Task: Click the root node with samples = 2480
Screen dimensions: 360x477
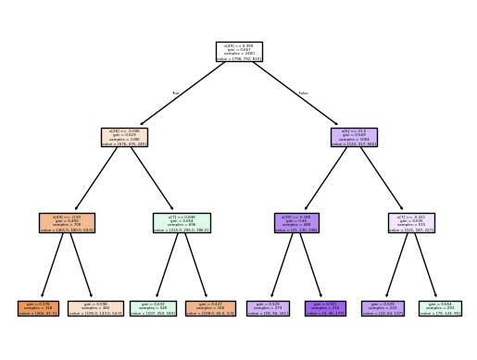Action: click(x=238, y=51)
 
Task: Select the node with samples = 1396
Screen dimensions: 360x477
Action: click(x=125, y=137)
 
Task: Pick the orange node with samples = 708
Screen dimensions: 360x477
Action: click(x=68, y=222)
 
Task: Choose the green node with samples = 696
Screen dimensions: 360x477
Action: click(x=182, y=222)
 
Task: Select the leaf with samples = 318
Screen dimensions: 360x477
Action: click(x=39, y=308)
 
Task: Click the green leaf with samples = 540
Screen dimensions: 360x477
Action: click(x=153, y=308)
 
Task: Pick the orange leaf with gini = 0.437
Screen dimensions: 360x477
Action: click(x=210, y=308)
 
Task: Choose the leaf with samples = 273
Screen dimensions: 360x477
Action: click(x=267, y=308)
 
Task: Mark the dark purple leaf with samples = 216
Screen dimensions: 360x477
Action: click(x=324, y=308)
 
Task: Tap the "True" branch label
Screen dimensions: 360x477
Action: click(x=176, y=93)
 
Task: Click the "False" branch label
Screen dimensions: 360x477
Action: click(x=302, y=93)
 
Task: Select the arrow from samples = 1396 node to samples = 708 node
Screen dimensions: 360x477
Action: click(x=96, y=180)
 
